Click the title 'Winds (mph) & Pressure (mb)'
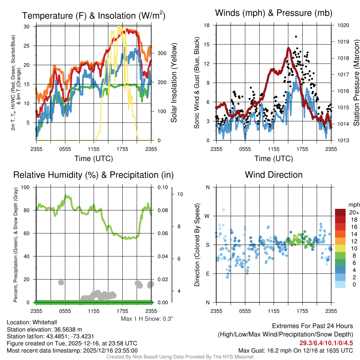(x=274, y=13)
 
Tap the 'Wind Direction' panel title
(x=274, y=175)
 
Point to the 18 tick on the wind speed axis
(x=207, y=25)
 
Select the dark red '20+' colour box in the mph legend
(x=341, y=212)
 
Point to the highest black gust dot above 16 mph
(x=296, y=37)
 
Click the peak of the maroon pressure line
(x=288, y=48)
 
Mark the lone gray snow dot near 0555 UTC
(x=61, y=282)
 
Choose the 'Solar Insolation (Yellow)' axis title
(x=174, y=83)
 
